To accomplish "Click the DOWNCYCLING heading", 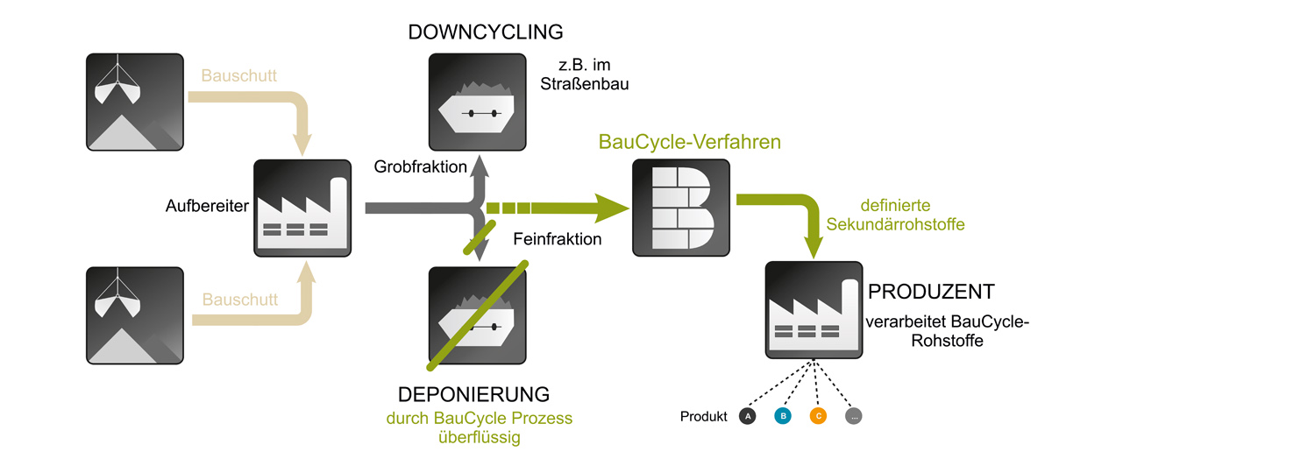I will tap(485, 32).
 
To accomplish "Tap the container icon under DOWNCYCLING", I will tap(477, 102).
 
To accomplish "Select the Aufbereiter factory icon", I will tap(302, 208).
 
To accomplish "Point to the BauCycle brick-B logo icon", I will tap(681, 208).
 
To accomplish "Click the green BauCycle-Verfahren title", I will tap(689, 141).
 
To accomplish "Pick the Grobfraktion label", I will tap(420, 166).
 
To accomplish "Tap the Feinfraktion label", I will tap(558, 238).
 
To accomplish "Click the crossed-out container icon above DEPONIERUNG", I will tap(477, 316).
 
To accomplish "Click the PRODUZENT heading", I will tap(931, 292).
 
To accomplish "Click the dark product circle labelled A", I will tap(748, 417).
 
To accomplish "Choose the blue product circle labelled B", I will tap(783, 417).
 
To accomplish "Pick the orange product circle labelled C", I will tap(818, 417).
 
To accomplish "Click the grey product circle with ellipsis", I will tap(854, 417).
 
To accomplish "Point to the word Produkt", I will tap(704, 417).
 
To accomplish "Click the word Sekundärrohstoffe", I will tap(895, 225).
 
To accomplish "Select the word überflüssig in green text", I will tap(479, 437).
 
